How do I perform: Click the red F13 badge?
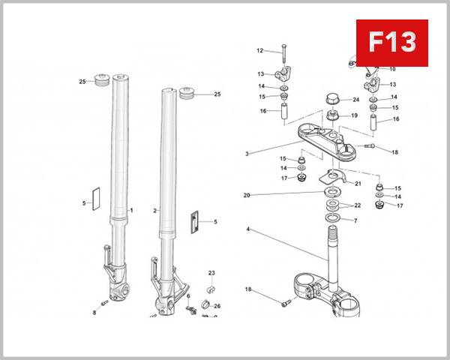coord(391,42)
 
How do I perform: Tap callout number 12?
coord(260,51)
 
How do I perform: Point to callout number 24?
coord(356,100)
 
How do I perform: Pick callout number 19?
coord(354,115)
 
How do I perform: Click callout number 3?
coord(247,154)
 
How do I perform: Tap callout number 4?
coord(247,229)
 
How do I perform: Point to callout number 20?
coord(247,195)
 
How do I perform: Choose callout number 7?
coord(355,220)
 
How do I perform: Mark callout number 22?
coord(358,205)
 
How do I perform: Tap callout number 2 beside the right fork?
coord(155,211)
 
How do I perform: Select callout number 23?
coord(211,272)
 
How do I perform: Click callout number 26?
coord(217,306)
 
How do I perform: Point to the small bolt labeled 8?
coord(105,303)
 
